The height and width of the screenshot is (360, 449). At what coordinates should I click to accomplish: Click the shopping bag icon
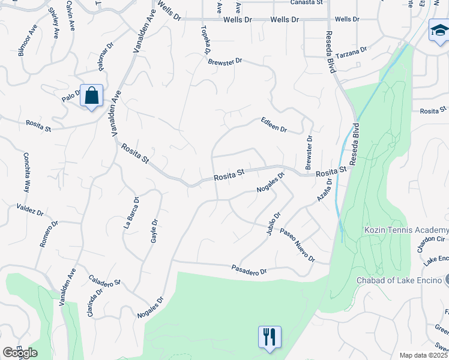91,96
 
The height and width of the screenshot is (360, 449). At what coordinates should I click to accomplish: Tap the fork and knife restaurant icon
270,337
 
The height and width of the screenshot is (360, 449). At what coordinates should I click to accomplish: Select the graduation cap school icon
439,31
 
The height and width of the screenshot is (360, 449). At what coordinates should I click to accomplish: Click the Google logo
20,353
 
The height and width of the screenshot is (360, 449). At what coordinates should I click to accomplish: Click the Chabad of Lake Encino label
399,280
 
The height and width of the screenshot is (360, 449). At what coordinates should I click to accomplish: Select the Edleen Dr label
274,125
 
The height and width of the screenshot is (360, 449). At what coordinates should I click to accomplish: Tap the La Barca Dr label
131,213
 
